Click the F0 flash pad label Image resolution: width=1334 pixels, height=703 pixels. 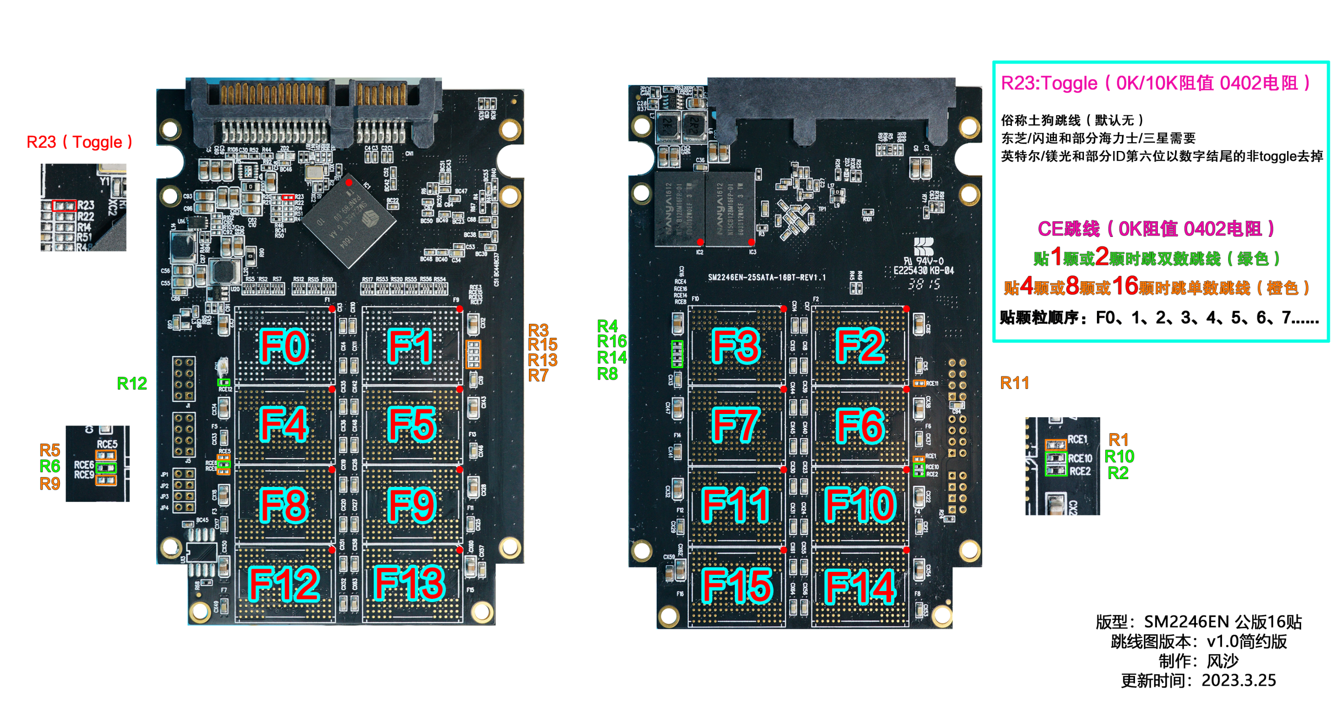[x=283, y=346]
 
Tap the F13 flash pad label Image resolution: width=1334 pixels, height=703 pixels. [x=410, y=583]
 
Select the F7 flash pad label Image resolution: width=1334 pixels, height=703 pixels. [x=735, y=425]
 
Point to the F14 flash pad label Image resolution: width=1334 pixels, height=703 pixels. [x=860, y=586]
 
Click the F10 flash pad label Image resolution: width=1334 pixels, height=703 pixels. [x=860, y=505]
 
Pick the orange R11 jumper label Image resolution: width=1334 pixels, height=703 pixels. [x=1014, y=383]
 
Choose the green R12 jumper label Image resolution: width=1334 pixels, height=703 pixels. [x=131, y=384]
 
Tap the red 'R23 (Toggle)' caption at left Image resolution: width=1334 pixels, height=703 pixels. [x=79, y=142]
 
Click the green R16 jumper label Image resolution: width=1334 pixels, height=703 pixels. [x=612, y=342]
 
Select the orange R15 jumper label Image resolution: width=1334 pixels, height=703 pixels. [x=542, y=345]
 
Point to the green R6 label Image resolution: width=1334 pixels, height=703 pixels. [x=50, y=466]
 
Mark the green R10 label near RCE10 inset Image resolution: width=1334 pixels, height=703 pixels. [x=1119, y=457]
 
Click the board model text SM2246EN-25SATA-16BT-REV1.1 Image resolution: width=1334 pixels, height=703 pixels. [x=767, y=278]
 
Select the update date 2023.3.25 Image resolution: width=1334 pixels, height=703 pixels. [x=1238, y=681]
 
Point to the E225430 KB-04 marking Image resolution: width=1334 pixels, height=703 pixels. [x=923, y=271]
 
